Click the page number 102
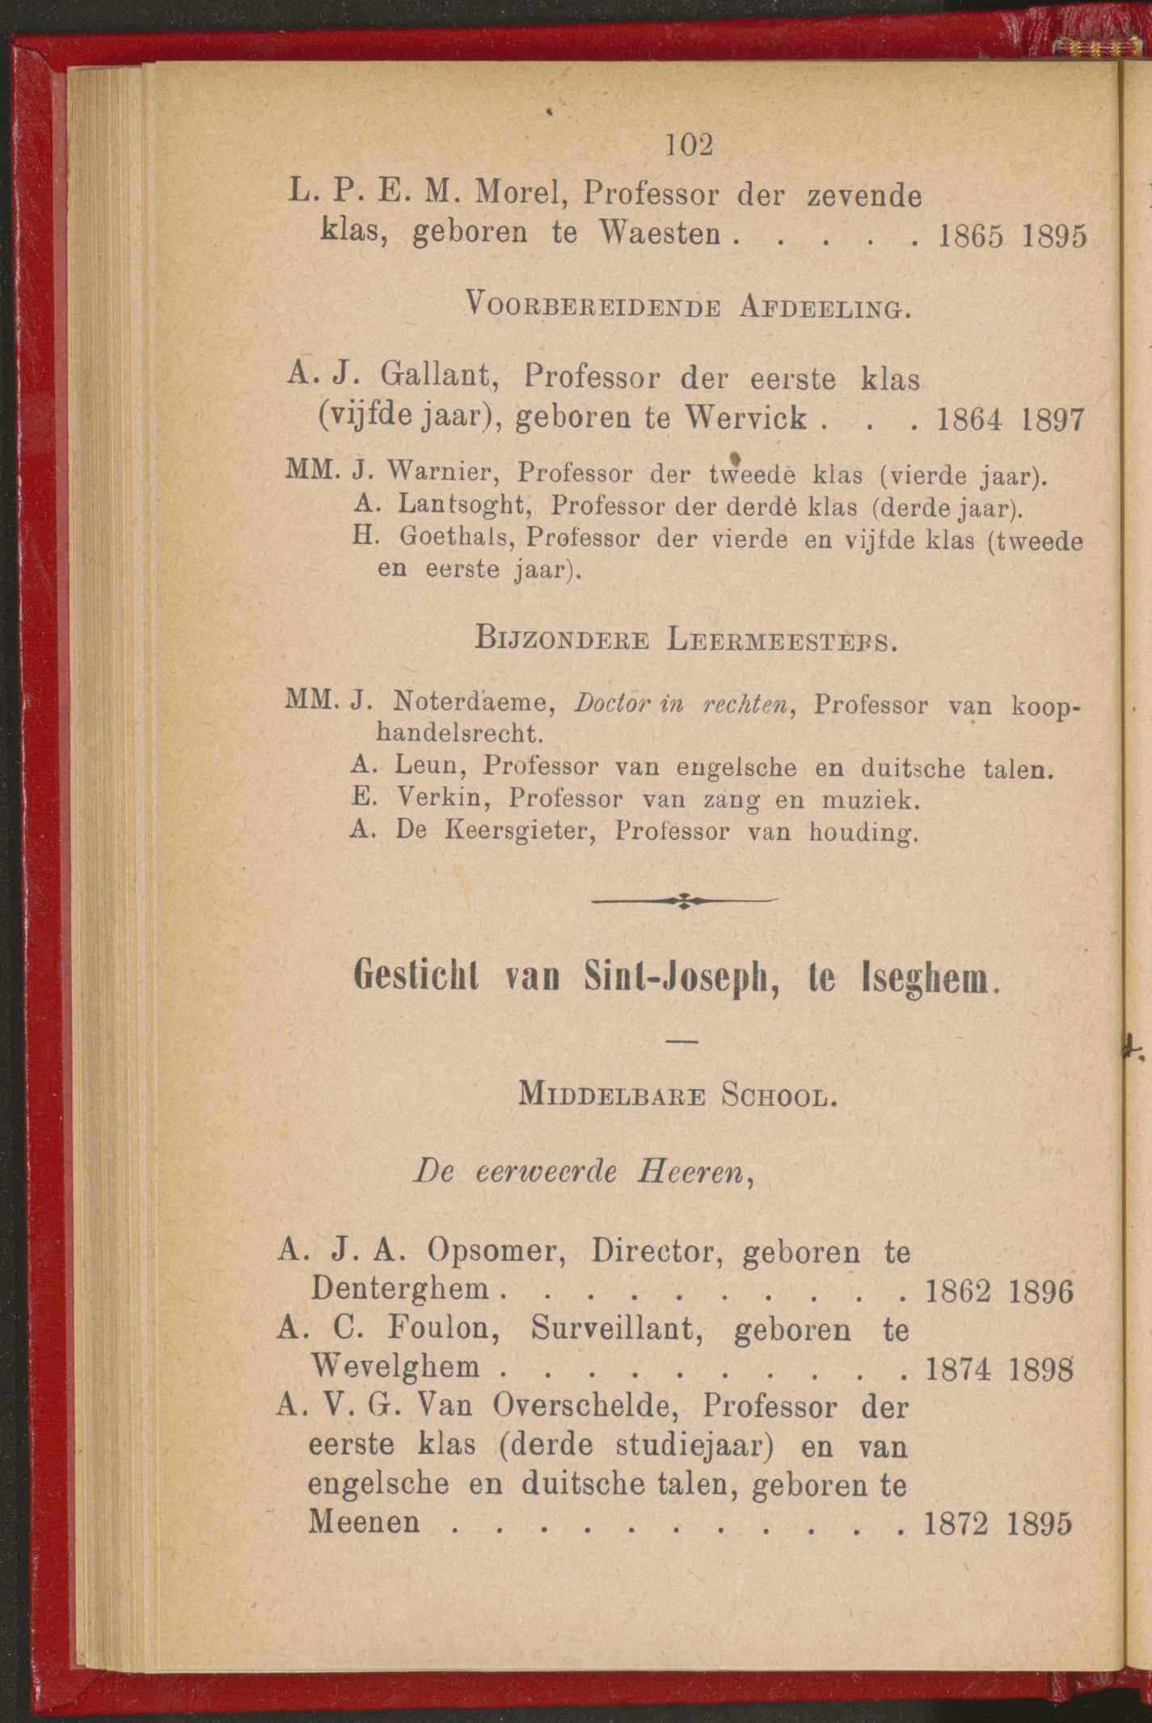(690, 146)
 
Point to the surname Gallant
(437, 377)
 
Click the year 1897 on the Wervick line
(1049, 419)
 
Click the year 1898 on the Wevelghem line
(1040, 1367)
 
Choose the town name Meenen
(365, 1522)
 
